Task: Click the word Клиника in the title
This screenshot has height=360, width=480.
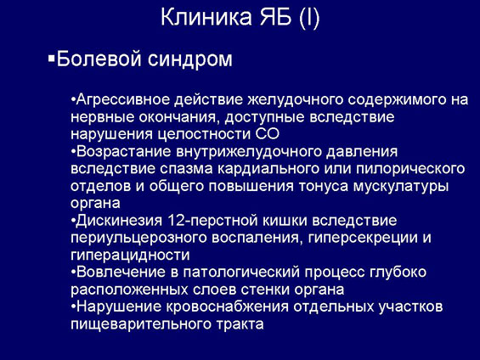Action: pos(206,17)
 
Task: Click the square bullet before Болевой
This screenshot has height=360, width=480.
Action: pos(51,59)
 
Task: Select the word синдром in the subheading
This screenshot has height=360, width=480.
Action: pos(190,59)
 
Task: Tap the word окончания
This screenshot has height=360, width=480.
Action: pos(179,117)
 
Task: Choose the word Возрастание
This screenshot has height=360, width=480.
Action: pos(124,151)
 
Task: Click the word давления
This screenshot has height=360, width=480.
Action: pos(362,152)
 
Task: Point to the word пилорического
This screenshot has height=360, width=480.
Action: pos(410,169)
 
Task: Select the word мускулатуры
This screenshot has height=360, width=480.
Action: pos(401,186)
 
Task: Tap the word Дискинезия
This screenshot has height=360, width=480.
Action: pos(120,221)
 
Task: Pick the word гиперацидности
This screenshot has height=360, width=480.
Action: pos(130,255)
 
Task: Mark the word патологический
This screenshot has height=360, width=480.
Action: pos(241,273)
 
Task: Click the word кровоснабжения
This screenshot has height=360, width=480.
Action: pos(228,307)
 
